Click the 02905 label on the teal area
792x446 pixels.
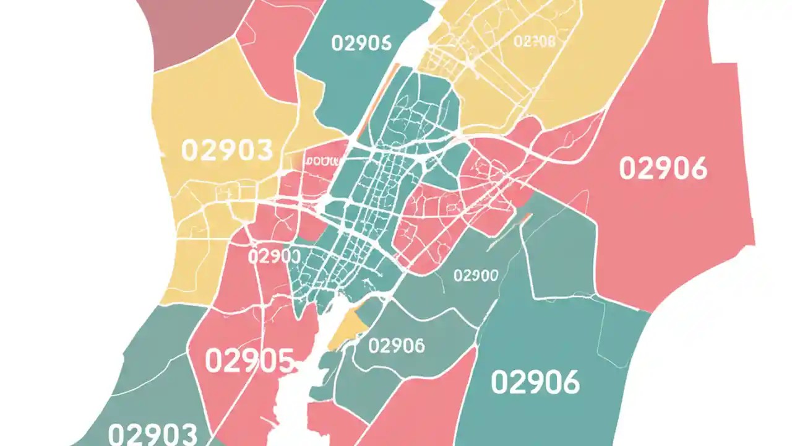coord(361,43)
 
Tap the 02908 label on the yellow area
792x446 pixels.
coord(535,42)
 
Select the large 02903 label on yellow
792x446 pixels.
coord(227,151)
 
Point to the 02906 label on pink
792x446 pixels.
coord(663,168)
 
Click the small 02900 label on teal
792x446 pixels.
coord(476,276)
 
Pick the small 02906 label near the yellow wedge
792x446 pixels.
coord(396,346)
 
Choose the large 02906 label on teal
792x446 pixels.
coord(535,382)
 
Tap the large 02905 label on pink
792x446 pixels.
coord(249,361)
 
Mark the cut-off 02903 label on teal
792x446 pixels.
coord(153,433)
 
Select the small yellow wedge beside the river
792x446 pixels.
coord(346,326)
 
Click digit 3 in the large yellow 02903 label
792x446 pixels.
coord(263,151)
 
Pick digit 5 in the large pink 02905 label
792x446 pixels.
coord(283,361)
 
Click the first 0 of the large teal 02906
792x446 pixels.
coord(500,382)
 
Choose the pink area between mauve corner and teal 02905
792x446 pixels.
coord(272,43)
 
